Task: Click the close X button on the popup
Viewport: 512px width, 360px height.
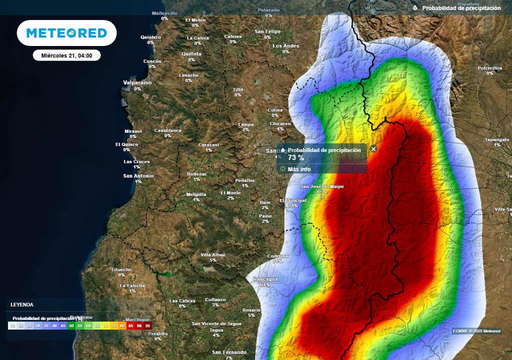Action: tap(373, 148)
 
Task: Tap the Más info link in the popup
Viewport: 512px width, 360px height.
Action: tap(298, 169)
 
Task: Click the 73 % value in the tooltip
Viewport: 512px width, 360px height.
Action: tap(295, 157)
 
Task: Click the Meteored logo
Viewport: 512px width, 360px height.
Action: tap(66, 33)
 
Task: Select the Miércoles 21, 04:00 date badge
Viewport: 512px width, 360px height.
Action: tap(66, 55)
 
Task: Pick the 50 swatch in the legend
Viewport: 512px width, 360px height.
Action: tap(71, 325)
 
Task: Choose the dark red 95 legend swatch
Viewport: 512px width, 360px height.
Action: tap(148, 325)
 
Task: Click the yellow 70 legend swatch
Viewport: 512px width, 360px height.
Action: tap(105, 325)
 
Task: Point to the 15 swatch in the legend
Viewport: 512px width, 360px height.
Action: tap(12, 325)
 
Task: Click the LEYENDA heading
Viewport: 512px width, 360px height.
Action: tap(22, 304)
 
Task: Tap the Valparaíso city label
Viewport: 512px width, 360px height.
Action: tap(137, 82)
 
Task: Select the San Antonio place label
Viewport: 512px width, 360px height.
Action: tap(138, 176)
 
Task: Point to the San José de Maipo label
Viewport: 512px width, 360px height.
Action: tap(321, 186)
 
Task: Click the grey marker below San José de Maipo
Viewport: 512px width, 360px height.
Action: tap(321, 197)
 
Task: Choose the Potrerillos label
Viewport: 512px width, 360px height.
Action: tap(489, 67)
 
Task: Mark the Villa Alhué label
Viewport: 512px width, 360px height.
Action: tap(213, 254)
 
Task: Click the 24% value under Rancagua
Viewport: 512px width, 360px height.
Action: tap(265, 285)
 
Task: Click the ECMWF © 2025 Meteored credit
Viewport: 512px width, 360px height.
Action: tap(476, 331)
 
